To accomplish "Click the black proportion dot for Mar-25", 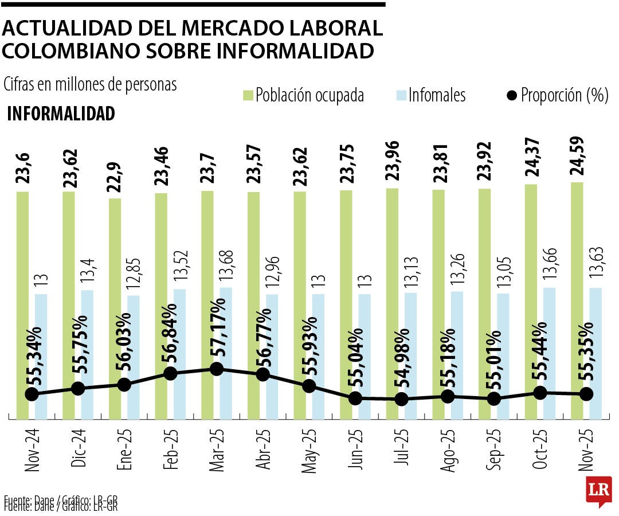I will coord(217,369).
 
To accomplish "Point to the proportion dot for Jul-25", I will coord(402,398).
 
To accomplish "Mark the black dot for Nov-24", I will coord(32,394).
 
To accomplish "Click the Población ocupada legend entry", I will coord(304,95).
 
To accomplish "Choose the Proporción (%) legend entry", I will coord(558,95).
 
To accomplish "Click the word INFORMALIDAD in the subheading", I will coord(61,114).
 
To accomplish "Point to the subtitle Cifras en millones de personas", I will coord(90,84).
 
